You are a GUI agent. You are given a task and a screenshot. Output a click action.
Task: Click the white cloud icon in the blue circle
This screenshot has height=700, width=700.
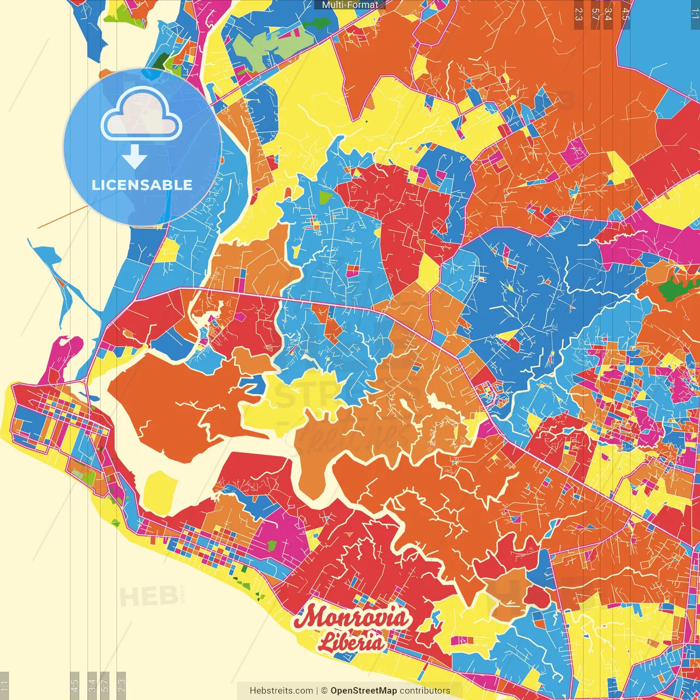click(142, 115)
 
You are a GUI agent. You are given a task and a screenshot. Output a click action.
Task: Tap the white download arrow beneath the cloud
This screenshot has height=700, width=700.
click(135, 157)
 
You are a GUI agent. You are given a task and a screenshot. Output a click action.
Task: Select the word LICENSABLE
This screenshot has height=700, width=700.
click(142, 185)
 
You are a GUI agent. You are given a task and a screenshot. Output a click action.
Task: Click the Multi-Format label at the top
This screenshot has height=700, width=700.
click(350, 5)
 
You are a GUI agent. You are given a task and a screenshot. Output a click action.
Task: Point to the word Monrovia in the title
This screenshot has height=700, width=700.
click(351, 618)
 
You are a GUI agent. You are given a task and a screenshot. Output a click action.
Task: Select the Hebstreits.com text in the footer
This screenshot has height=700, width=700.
click(281, 691)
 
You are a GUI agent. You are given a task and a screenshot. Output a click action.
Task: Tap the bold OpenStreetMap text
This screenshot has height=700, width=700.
click(363, 691)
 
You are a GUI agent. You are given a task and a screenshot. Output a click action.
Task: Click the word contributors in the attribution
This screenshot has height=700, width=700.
click(425, 691)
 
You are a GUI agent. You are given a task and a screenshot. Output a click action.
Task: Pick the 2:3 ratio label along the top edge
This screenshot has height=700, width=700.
click(579, 14)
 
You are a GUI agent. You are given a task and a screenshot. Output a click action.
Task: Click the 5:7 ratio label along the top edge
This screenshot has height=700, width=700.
click(595, 14)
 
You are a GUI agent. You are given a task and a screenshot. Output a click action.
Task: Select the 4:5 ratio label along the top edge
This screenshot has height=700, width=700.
click(626, 14)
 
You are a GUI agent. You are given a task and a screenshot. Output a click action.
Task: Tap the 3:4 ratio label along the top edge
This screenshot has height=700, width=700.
click(608, 14)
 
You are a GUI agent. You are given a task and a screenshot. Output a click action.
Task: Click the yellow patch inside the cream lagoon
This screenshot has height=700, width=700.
click(160, 489)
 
